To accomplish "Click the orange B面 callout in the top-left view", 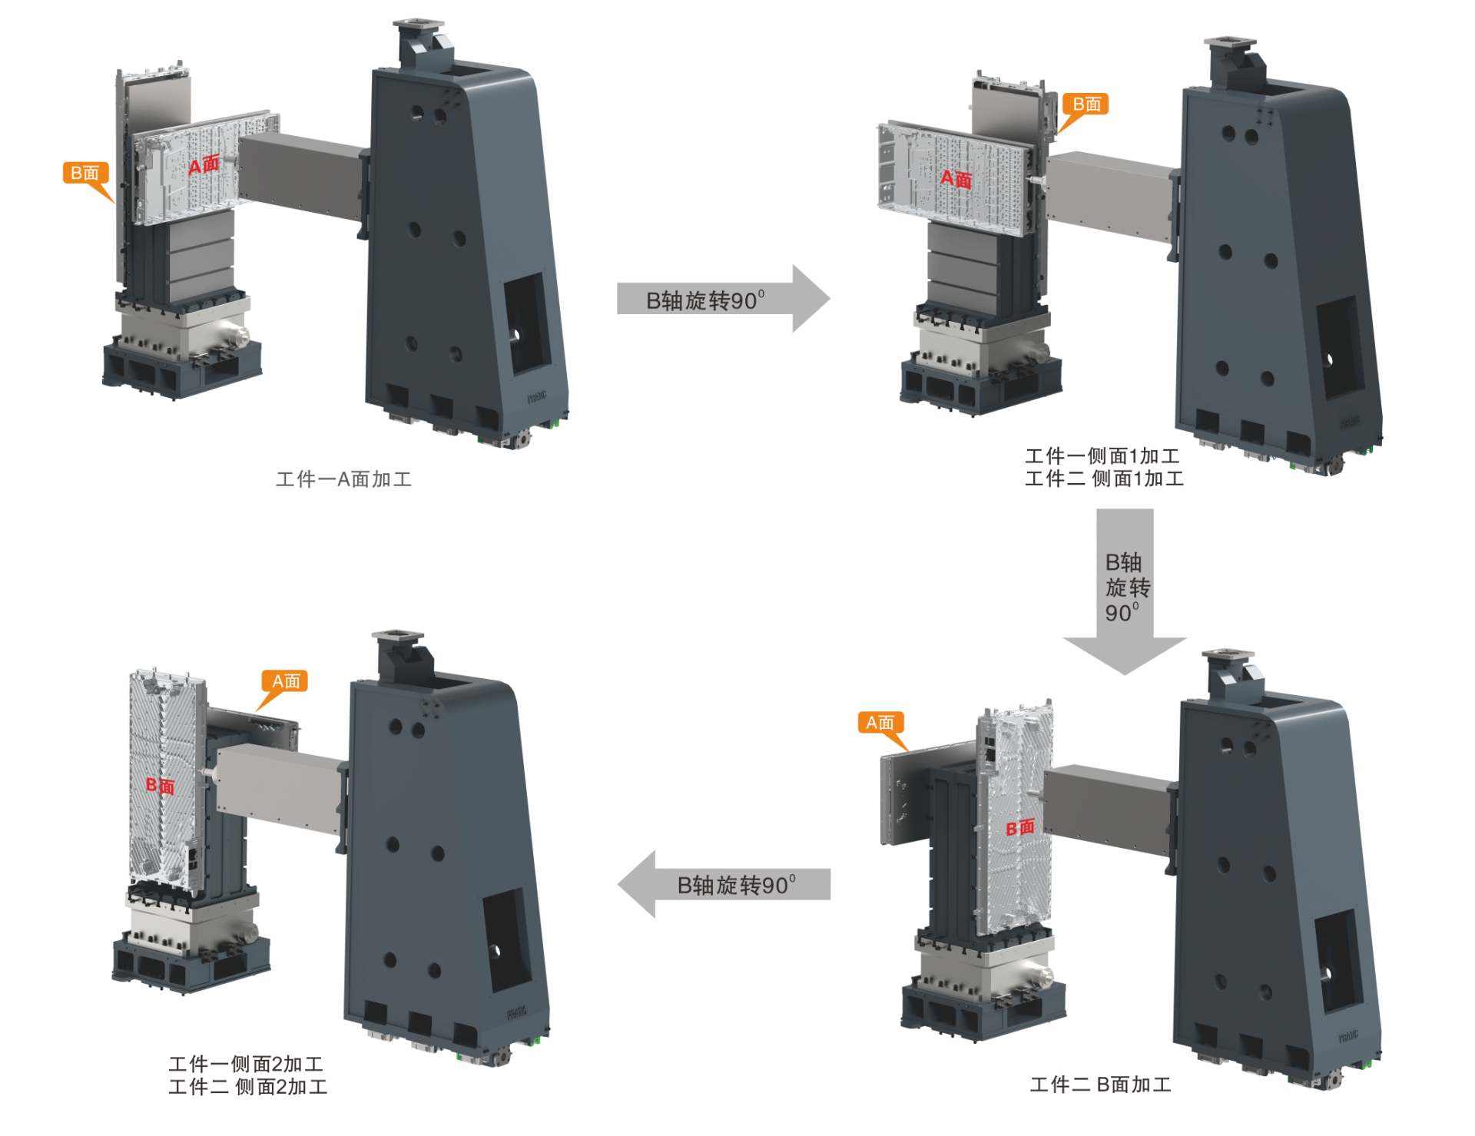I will (85, 173).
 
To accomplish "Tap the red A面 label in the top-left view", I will (204, 164).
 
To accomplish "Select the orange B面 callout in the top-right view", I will (1086, 104).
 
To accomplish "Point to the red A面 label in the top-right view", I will (956, 179).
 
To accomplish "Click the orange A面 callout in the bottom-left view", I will (286, 681).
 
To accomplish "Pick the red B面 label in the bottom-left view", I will (161, 785).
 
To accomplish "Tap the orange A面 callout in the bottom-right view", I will (880, 723).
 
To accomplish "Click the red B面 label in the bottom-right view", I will (1021, 827).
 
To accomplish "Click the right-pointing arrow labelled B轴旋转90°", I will (722, 300).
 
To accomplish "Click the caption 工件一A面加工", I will (343, 479).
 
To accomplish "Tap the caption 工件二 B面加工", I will (1100, 1085).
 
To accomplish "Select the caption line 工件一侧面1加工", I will (1102, 456).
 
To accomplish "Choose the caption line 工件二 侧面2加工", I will (247, 1087).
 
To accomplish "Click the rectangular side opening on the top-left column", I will (527, 323).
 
